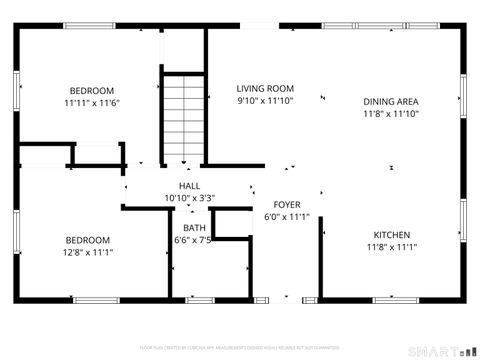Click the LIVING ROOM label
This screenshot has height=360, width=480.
coord(265,88)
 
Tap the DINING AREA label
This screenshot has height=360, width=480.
coord(390,101)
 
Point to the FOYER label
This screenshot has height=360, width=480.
coord(287,203)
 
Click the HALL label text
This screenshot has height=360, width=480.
coord(189,186)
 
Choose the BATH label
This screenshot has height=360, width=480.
coord(194,228)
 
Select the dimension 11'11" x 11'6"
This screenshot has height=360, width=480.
coord(91,103)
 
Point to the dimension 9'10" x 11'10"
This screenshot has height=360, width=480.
coord(265,100)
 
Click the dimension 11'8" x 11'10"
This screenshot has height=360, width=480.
coord(390,114)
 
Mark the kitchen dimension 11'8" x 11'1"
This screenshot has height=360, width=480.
coord(390,247)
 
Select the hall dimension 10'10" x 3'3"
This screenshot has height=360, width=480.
coord(189,198)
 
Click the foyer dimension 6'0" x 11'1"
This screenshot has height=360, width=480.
coord(287,216)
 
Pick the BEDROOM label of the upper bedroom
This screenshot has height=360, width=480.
coord(91,90)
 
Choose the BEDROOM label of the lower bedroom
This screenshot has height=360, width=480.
coord(88,240)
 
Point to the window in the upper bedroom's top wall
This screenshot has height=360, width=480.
coord(90,26)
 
